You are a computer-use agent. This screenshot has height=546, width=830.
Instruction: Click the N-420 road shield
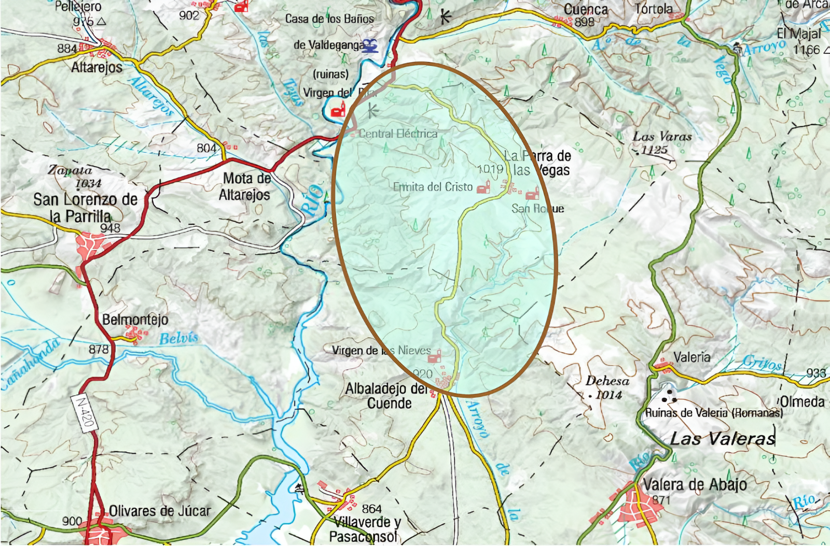(x=85, y=412)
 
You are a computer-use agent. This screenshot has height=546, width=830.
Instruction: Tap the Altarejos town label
(x=97, y=67)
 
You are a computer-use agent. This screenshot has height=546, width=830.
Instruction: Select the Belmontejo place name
(x=135, y=319)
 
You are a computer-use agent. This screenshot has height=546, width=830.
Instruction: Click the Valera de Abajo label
(x=695, y=485)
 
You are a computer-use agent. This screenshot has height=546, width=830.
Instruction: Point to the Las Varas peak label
(x=662, y=137)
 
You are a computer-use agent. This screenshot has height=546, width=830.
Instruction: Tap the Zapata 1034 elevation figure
(x=88, y=183)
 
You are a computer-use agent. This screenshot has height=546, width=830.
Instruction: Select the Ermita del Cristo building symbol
(x=483, y=187)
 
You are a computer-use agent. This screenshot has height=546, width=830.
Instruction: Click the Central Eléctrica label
(x=398, y=134)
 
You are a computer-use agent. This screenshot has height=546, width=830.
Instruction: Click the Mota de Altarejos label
(x=245, y=187)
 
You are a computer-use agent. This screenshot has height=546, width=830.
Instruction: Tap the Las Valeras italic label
(x=722, y=439)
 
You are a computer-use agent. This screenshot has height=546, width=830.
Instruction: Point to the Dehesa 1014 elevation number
(x=608, y=395)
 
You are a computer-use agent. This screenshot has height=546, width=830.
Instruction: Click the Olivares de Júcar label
(x=160, y=511)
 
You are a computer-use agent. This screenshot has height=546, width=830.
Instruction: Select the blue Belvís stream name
(x=178, y=339)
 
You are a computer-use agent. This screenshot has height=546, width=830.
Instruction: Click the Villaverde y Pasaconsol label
(x=365, y=529)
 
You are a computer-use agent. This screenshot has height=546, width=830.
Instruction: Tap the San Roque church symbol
(x=533, y=195)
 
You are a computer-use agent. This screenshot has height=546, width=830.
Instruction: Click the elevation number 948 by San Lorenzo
(x=110, y=228)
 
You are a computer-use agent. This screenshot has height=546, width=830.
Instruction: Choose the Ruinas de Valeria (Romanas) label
(x=714, y=413)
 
